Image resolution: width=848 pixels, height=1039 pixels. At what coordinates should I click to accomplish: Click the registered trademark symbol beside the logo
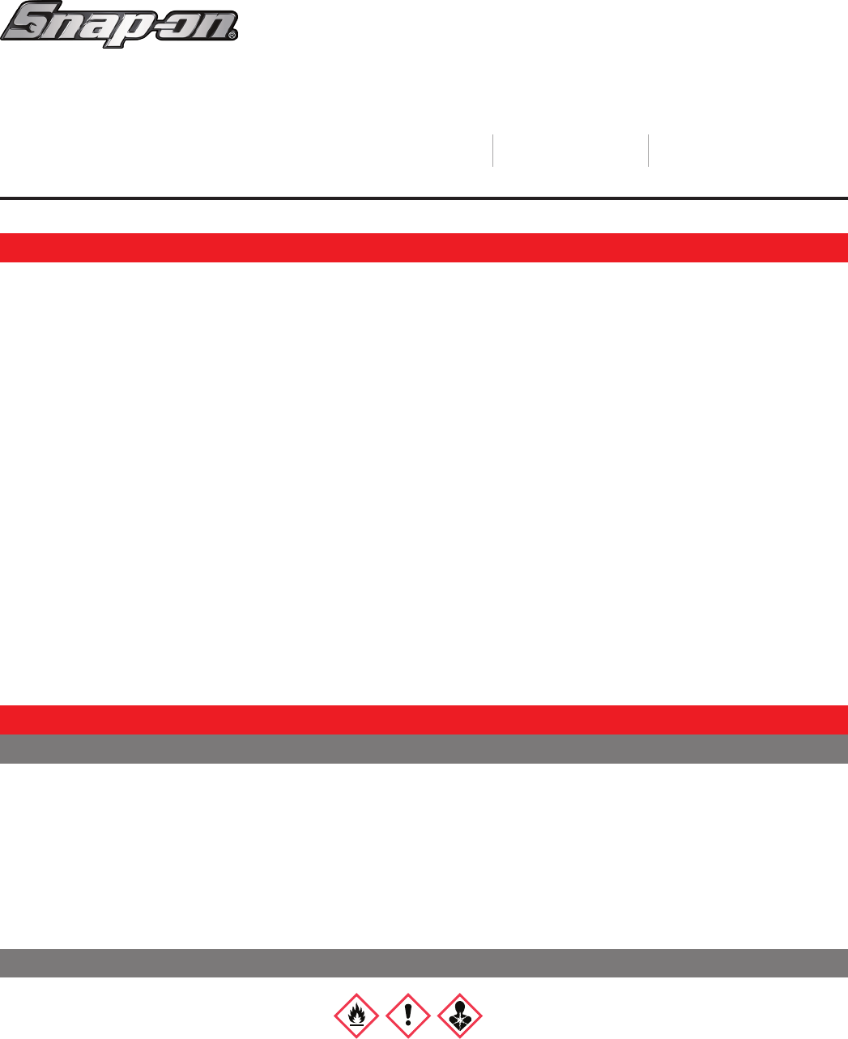[232, 36]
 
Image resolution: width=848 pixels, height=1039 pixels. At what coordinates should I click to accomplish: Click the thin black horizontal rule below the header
[424, 198]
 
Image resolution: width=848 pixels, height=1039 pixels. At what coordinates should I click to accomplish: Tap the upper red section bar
[424, 248]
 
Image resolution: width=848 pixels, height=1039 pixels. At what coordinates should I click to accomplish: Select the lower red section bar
[424, 719]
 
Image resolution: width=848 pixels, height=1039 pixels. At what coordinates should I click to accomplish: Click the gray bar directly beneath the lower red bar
[424, 749]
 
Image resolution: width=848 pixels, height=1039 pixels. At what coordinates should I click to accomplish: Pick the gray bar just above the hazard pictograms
[424, 963]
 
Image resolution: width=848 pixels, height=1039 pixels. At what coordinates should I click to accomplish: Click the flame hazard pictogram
[356, 1015]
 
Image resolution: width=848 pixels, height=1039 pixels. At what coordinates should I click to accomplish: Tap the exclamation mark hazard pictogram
[408, 1015]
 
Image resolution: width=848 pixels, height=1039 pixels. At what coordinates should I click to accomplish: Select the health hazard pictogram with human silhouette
[460, 1015]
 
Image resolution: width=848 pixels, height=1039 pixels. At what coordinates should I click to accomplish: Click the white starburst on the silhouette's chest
[460, 1019]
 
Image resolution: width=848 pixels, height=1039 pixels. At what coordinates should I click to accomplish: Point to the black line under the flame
[356, 1025]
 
